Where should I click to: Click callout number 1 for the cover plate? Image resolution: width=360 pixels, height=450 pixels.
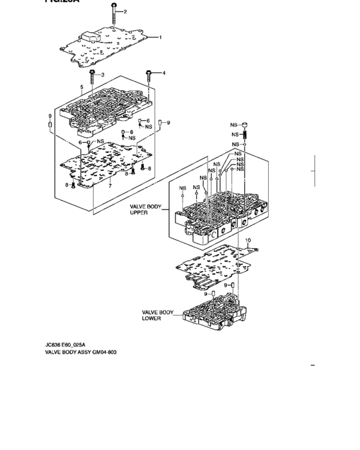tap(161, 37)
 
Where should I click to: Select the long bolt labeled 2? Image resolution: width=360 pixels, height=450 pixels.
tap(113, 15)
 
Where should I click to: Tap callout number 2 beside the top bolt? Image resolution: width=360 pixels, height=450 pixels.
tap(125, 12)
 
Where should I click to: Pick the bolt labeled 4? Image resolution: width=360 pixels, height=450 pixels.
tap(149, 78)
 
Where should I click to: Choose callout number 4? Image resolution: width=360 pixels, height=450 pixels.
tap(163, 73)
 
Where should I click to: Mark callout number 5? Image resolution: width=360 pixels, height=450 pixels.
tap(82, 87)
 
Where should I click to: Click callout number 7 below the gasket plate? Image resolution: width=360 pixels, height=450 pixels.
tap(110, 186)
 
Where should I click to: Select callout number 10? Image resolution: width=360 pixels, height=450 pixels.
tap(248, 241)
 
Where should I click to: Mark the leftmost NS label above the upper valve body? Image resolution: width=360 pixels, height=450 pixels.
tap(183, 188)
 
